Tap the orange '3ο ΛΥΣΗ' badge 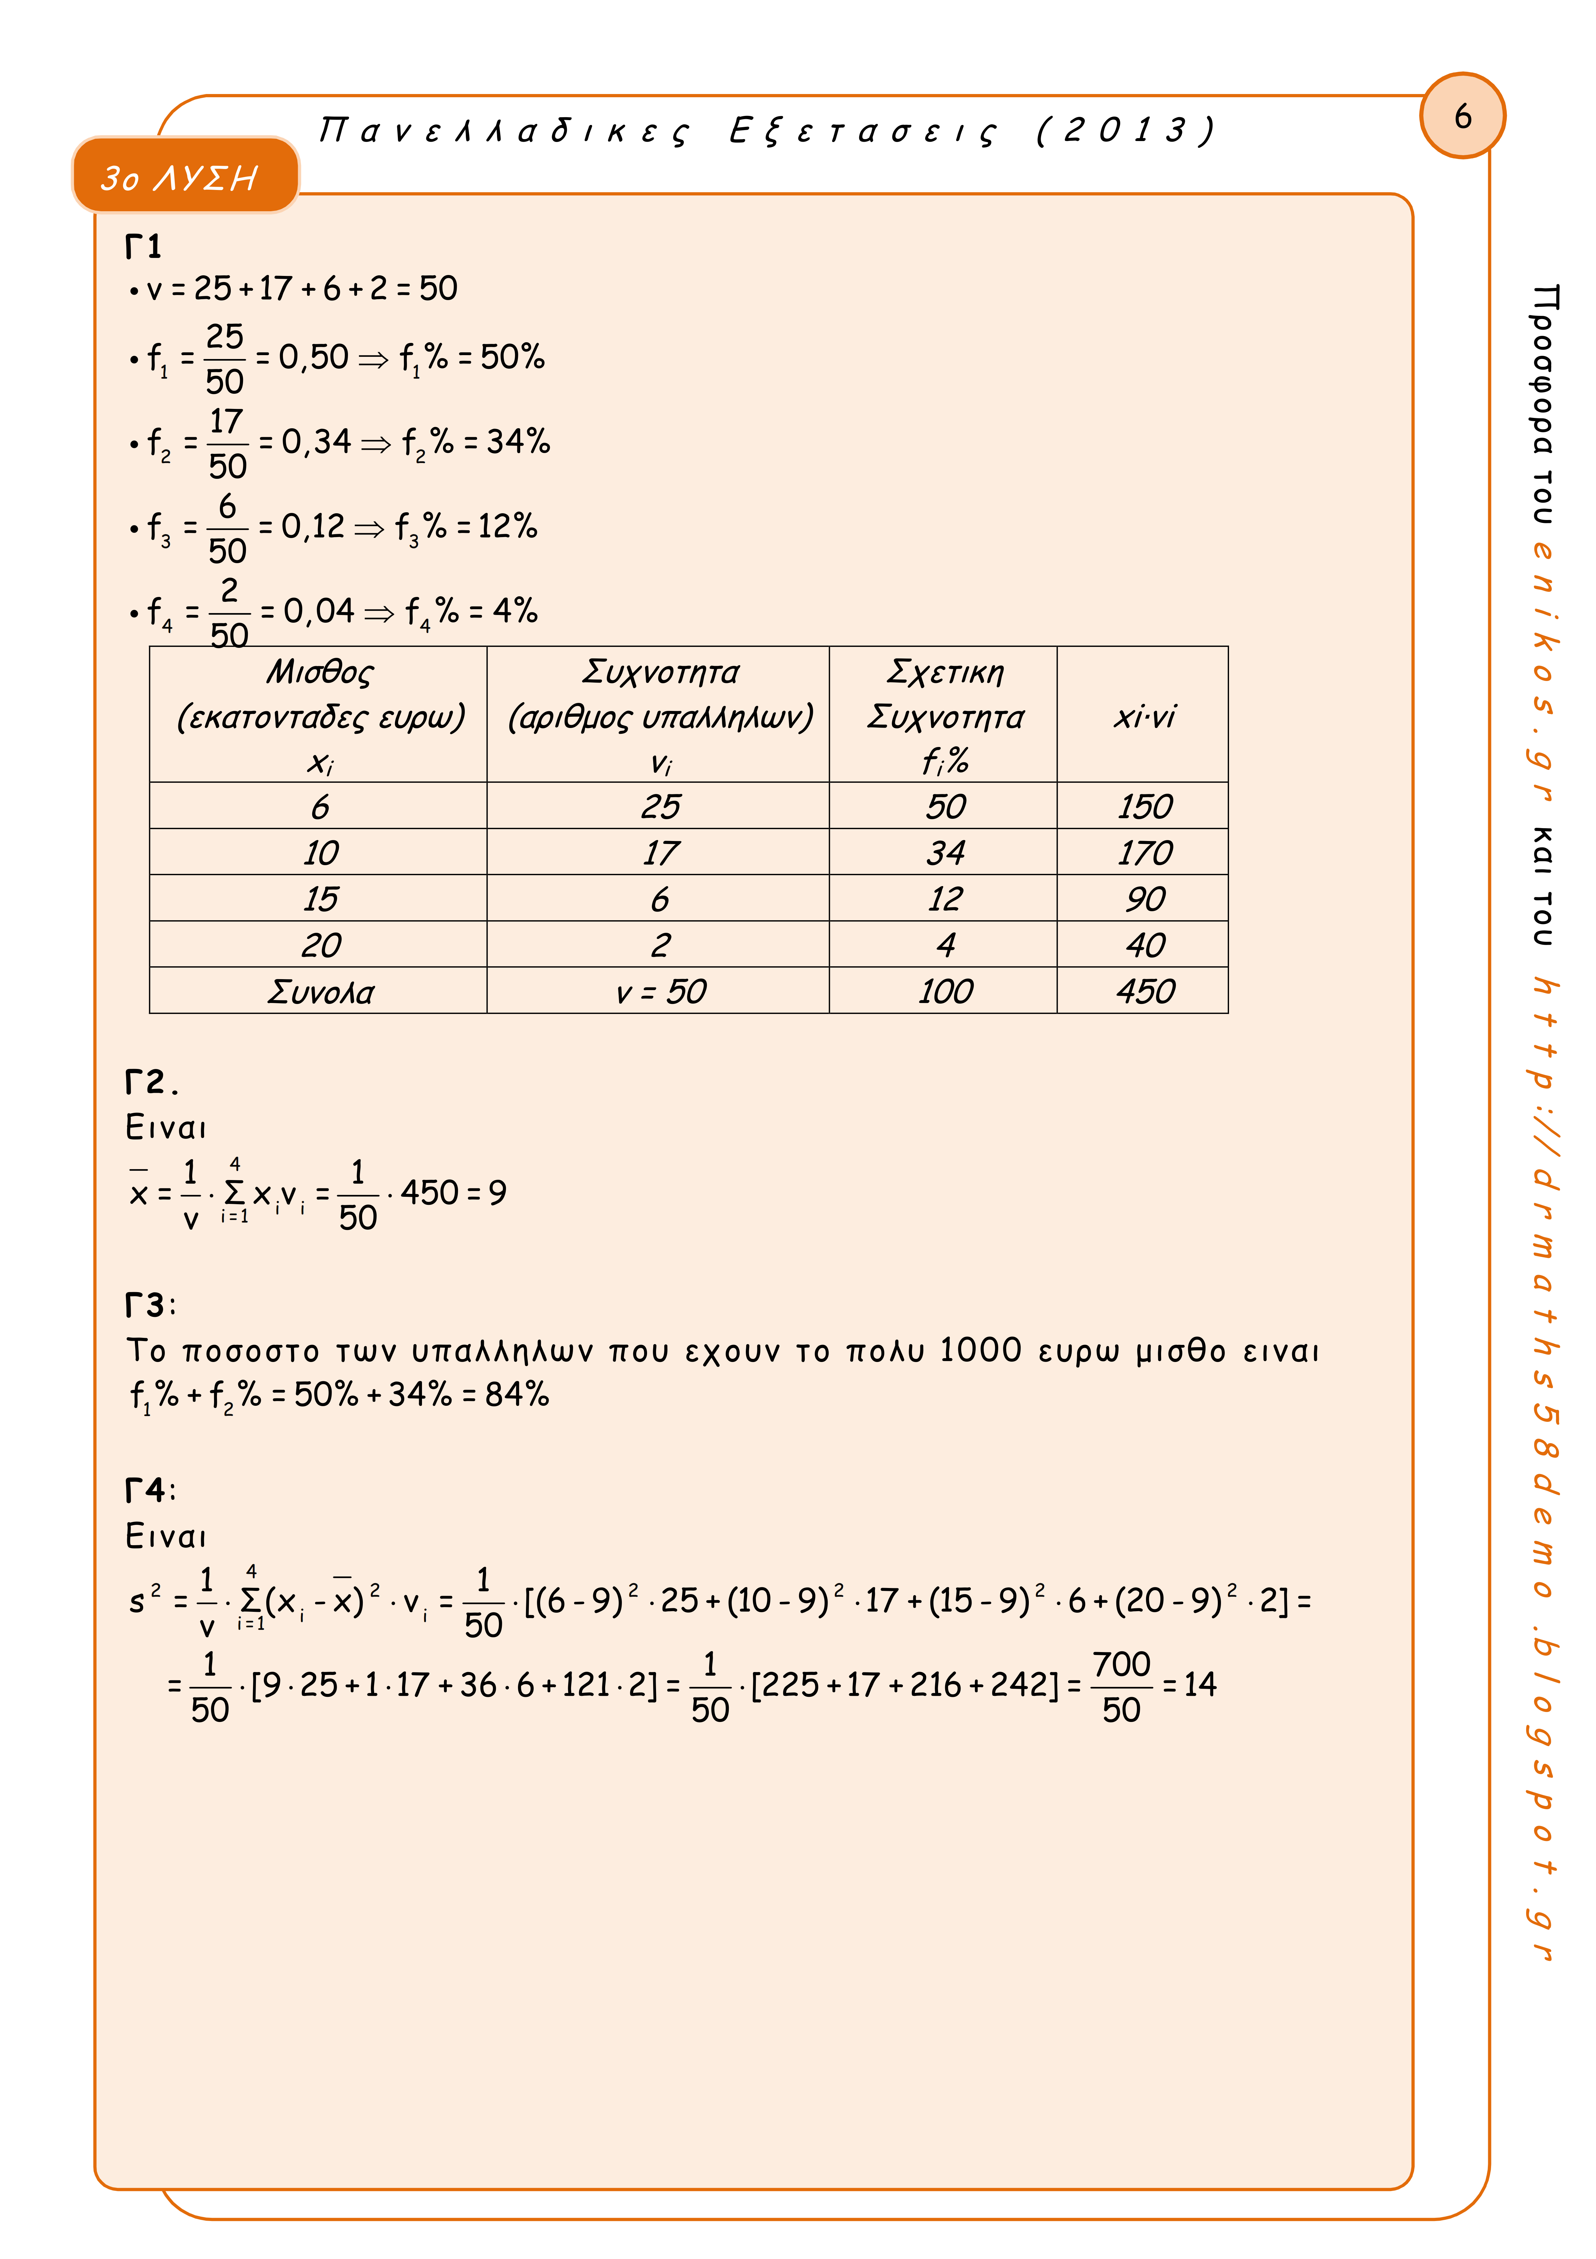click(185, 176)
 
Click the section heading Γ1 click(144, 246)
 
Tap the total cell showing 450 click(1144, 991)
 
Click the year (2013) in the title click(1126, 130)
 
